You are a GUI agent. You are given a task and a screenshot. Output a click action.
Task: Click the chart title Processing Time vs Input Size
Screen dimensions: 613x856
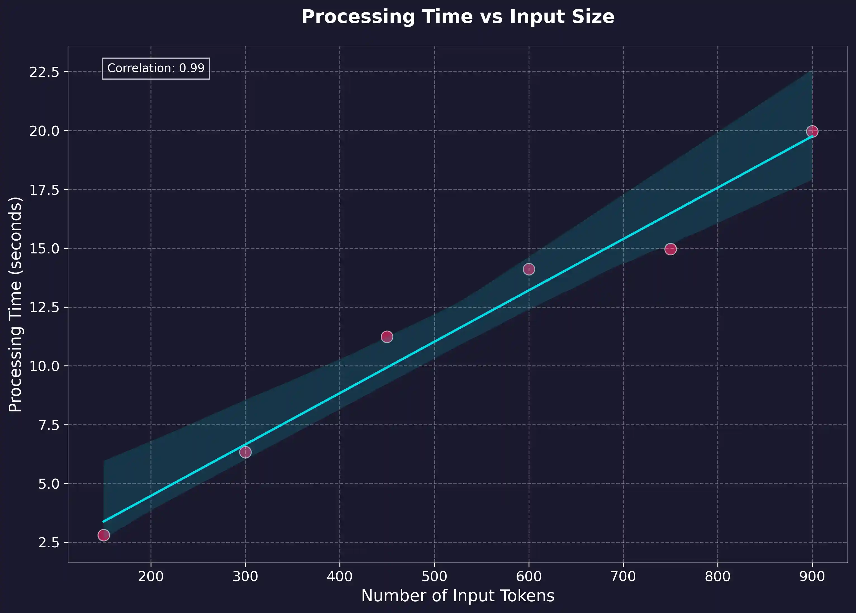click(x=457, y=17)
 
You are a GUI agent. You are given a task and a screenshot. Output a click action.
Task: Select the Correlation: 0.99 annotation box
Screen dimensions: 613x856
click(x=156, y=68)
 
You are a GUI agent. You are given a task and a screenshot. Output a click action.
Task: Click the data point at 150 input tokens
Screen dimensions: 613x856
click(x=103, y=535)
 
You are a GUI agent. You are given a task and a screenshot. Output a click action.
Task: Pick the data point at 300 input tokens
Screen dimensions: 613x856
click(x=245, y=452)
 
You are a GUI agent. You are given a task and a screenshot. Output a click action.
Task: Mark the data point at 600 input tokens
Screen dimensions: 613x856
click(x=529, y=269)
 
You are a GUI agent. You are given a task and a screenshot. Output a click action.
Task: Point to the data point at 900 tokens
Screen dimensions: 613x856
click(x=812, y=131)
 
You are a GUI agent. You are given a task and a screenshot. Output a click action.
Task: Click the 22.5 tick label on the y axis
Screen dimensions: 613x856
click(x=44, y=72)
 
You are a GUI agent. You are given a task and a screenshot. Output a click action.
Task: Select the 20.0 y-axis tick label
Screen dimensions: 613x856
click(x=44, y=131)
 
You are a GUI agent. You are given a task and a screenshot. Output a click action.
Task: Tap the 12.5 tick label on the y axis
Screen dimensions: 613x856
click(x=44, y=307)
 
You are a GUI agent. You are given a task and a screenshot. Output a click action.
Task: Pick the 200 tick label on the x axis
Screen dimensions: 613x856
click(x=151, y=576)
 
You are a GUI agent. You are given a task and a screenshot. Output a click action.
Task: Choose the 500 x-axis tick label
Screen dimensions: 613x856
click(x=434, y=576)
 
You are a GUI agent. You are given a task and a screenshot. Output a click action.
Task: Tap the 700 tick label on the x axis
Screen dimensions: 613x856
click(x=623, y=576)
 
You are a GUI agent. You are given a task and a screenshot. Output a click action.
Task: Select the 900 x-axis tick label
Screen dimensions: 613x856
click(x=812, y=576)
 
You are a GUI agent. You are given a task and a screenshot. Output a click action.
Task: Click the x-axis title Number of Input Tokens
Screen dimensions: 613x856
click(x=457, y=596)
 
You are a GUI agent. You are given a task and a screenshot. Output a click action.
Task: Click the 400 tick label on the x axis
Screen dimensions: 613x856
click(x=340, y=576)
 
